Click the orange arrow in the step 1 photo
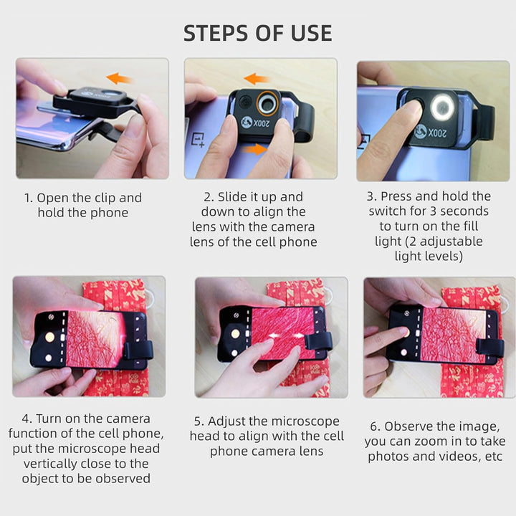(119, 79)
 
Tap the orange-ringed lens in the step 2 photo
(267, 104)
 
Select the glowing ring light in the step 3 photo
(443, 107)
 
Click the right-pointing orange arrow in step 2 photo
(254, 150)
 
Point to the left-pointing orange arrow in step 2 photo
(257, 80)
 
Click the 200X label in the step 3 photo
(437, 133)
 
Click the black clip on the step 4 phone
(138, 350)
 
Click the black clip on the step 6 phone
(490, 347)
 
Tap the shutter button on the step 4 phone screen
(49, 337)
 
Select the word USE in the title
(311, 33)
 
